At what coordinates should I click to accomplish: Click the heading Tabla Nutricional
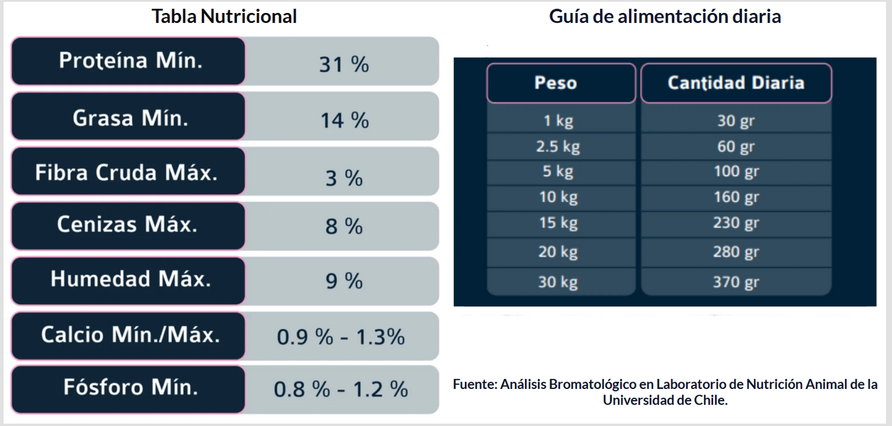tap(224, 17)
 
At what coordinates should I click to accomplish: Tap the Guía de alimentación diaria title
tap(665, 17)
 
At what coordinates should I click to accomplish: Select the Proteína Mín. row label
tap(130, 61)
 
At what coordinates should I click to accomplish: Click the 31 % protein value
tap(344, 64)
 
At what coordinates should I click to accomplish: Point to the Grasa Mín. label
tap(130, 117)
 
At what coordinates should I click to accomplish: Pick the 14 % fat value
tap(344, 120)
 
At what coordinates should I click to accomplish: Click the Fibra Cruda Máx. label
tap(127, 172)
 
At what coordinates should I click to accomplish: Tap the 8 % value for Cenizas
tap(344, 227)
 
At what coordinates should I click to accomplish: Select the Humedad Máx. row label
tap(130, 279)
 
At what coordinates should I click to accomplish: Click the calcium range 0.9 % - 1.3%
tap(341, 337)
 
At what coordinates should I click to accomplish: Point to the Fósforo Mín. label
tap(130, 388)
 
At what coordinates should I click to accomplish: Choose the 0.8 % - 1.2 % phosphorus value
tap(341, 390)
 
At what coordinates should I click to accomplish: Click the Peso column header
tap(556, 83)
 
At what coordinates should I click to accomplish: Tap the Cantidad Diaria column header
tap(736, 83)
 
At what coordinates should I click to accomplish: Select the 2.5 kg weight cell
tap(558, 147)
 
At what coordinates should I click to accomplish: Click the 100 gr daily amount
tap(736, 171)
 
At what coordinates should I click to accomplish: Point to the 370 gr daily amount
tap(736, 283)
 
